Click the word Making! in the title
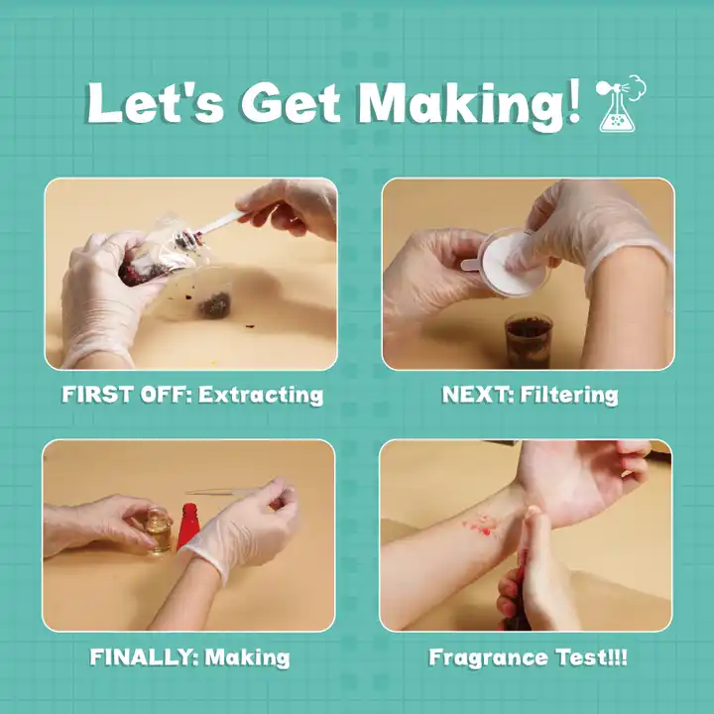coord(469,104)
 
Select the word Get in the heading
coord(291,102)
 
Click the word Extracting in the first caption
coord(261,395)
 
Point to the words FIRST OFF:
coord(127,395)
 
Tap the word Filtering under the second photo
coord(569,395)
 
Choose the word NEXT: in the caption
coord(478,395)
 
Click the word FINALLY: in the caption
coord(144,657)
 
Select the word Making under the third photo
coord(247,657)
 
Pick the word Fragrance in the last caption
coord(489,658)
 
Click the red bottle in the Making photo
coord(188,526)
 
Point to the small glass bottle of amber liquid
coord(159,531)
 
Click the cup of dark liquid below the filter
coord(529,339)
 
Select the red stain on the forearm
coord(482,526)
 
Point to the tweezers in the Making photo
coord(223,492)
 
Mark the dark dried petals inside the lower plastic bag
coord(213,304)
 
